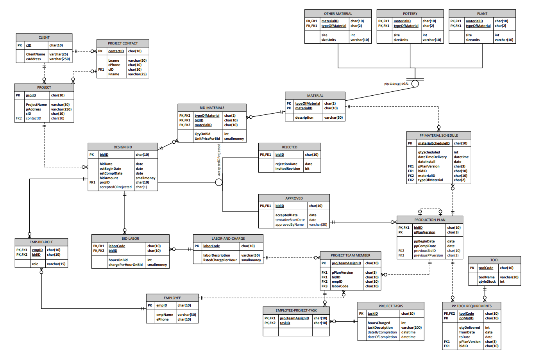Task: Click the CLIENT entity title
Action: (x=44, y=37)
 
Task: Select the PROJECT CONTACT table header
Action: (x=123, y=43)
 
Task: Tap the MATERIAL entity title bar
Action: (x=315, y=96)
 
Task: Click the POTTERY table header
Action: (x=410, y=14)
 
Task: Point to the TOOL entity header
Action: (x=494, y=260)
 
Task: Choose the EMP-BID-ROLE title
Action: (x=41, y=242)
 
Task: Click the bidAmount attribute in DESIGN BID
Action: (x=109, y=178)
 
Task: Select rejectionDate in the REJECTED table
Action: (x=286, y=164)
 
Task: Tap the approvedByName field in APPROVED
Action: (x=289, y=225)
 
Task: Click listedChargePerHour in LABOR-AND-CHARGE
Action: (x=220, y=260)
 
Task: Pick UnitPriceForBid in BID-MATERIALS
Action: (x=207, y=139)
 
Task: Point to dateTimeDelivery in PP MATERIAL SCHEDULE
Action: (x=432, y=157)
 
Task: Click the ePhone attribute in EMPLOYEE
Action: (x=163, y=319)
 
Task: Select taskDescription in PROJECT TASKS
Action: (x=380, y=328)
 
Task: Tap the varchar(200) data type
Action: (x=411, y=328)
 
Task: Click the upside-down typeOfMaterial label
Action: (x=396, y=84)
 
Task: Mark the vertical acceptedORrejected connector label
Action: (x=219, y=159)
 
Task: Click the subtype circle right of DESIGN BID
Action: (x=219, y=182)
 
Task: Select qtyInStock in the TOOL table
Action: (x=487, y=282)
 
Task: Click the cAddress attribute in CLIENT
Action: (x=33, y=59)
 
